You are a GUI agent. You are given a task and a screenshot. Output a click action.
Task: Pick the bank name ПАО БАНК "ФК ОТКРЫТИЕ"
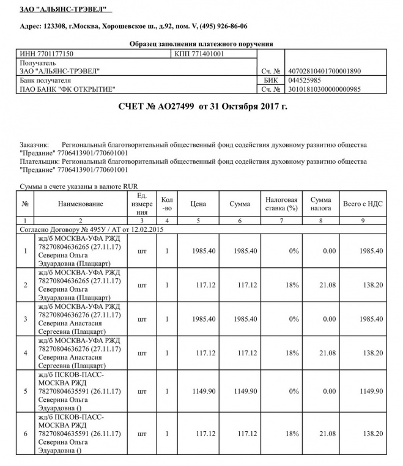click(x=68, y=89)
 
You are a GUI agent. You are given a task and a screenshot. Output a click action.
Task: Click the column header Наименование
click(x=81, y=204)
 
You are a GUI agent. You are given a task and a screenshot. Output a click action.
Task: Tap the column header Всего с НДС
click(x=363, y=204)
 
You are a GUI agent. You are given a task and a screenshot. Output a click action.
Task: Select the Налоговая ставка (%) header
click(x=281, y=204)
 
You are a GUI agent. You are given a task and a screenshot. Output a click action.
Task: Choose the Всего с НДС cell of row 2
click(x=363, y=285)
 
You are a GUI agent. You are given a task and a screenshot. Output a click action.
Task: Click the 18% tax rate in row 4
click(x=281, y=353)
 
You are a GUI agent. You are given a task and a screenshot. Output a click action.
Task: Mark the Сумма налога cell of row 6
click(x=320, y=434)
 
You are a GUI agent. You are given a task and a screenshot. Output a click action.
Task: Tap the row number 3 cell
click(x=25, y=319)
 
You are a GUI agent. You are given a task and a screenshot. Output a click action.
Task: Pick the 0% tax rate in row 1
click(x=281, y=251)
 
